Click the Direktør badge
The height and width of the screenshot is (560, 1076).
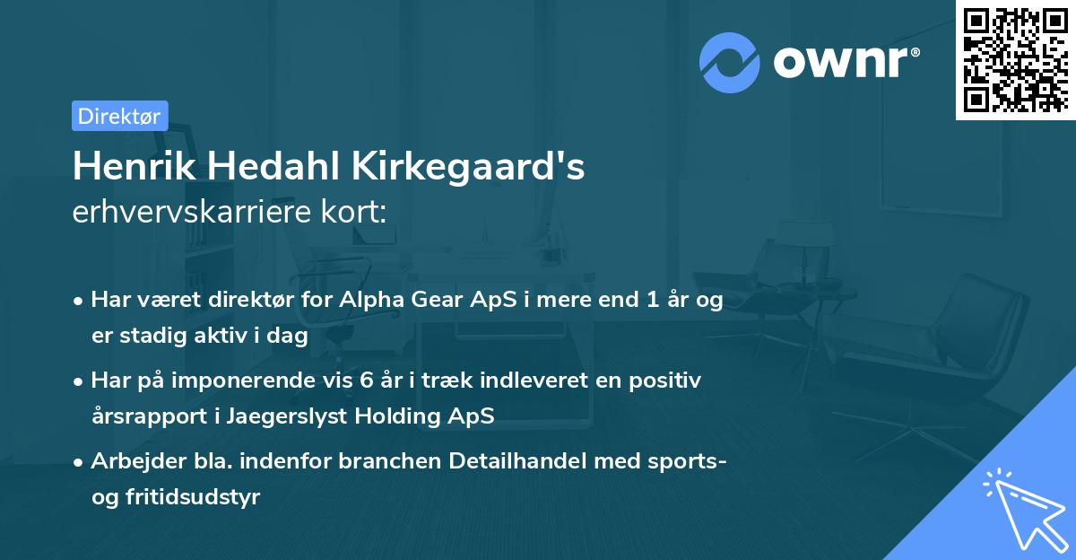[119, 116]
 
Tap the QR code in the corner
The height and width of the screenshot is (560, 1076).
[1015, 59]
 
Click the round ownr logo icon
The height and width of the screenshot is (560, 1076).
[730, 62]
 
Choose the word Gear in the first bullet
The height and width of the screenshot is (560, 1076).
[432, 301]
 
